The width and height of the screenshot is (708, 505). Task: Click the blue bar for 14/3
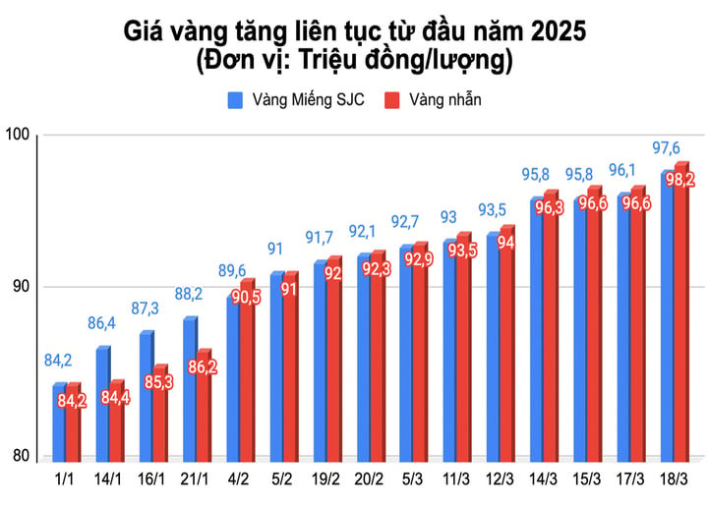(537, 329)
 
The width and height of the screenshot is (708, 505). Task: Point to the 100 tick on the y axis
(20, 135)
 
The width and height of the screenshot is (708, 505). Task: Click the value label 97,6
(666, 148)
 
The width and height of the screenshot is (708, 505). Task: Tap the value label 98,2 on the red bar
(680, 180)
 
